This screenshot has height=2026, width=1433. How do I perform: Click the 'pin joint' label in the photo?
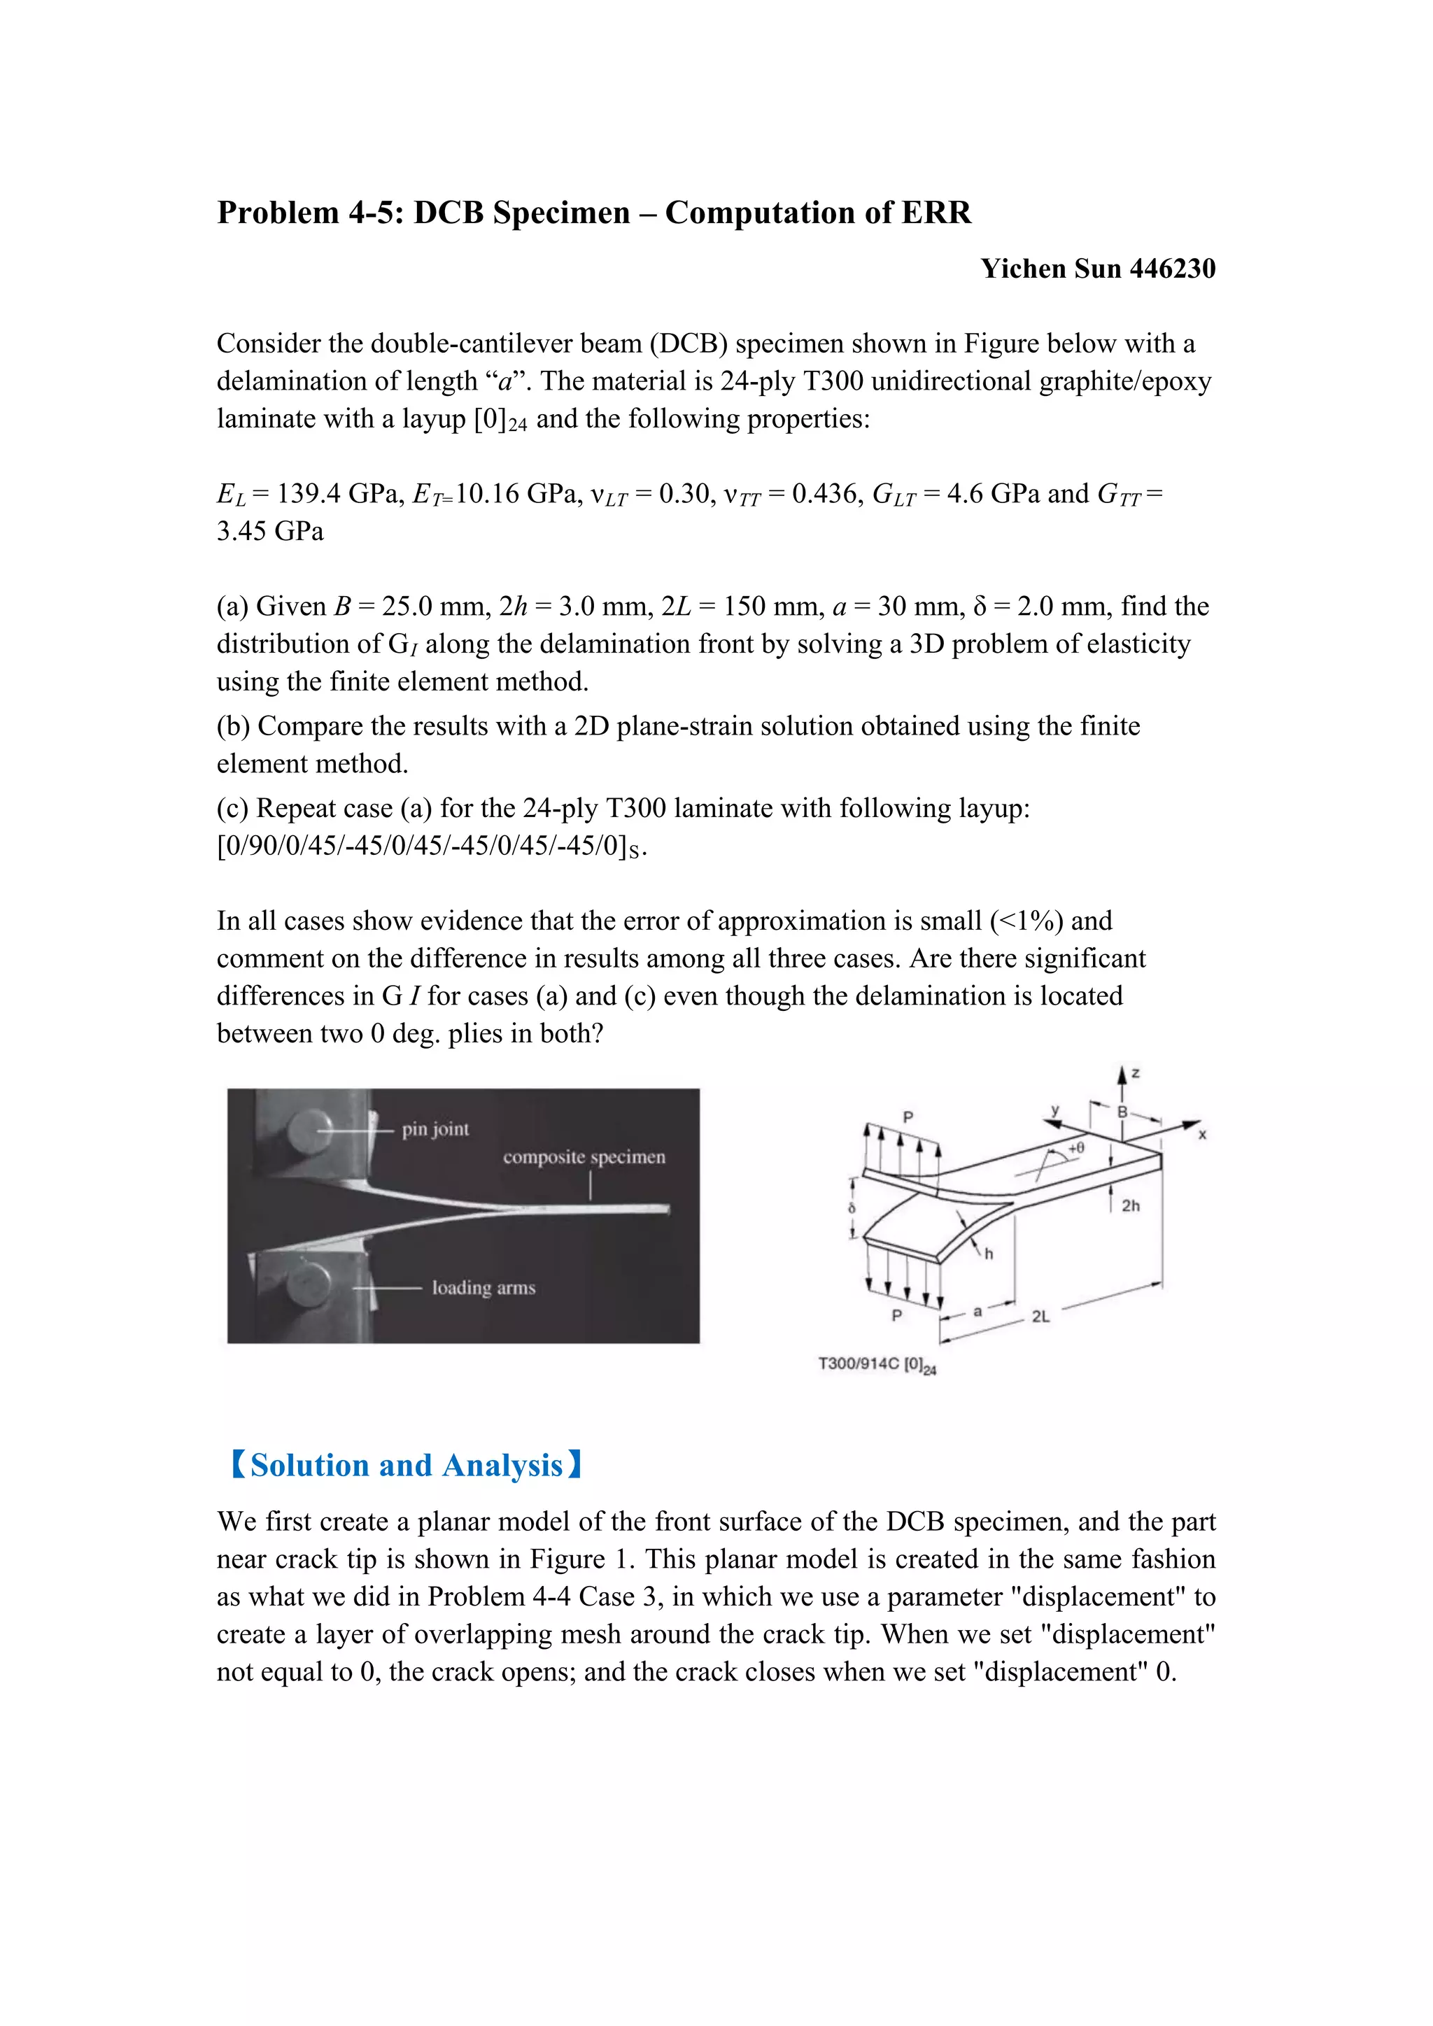pos(435,1128)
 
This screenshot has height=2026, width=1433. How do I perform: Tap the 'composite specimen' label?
pos(584,1157)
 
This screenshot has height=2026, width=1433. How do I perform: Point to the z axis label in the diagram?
pos(1135,1073)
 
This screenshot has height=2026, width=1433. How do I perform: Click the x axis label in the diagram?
pos(1202,1134)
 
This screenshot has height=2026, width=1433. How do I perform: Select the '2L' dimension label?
pos(1040,1316)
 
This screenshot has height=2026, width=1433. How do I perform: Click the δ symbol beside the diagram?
pos(852,1207)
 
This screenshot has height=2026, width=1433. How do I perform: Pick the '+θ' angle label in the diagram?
pos(1075,1148)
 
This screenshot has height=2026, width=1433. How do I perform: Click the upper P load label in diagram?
pos(908,1117)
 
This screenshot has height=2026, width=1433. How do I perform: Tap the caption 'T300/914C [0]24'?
pos(877,1364)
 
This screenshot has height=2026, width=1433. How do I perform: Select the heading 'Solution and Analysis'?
pos(406,1466)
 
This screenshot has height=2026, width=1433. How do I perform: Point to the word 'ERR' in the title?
pos(934,213)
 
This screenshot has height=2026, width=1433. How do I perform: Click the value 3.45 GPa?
pos(270,531)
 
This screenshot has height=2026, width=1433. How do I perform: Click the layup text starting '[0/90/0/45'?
pos(432,846)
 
